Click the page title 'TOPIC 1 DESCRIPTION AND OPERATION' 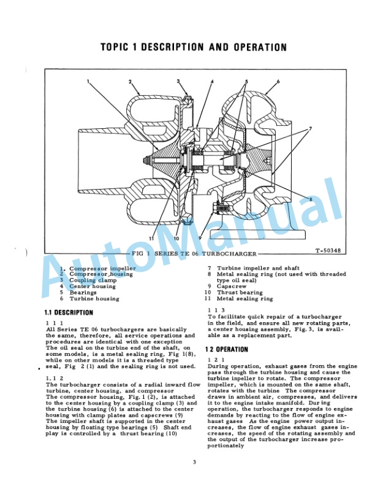point(194,47)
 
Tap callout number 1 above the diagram point(88,82)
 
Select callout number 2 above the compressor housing point(130,82)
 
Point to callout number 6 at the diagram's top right point(278,82)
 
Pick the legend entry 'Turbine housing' point(94,299)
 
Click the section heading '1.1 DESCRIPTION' point(69,313)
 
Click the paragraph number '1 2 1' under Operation point(216,360)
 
